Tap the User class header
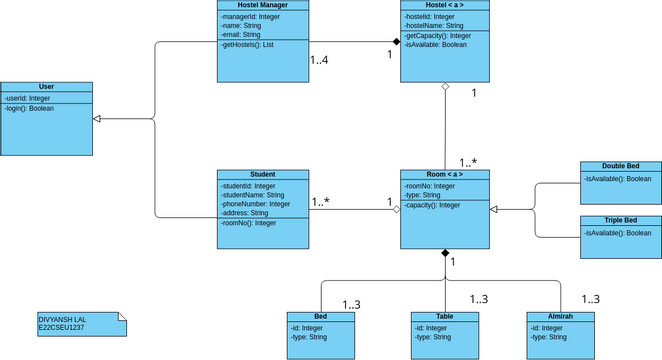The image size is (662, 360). (45, 88)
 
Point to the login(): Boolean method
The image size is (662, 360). (29, 108)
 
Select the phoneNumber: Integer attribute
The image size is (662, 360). (255, 204)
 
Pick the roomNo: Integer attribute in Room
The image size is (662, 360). (430, 185)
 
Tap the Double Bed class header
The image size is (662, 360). (620, 166)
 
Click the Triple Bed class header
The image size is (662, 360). (620, 220)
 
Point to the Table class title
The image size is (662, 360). (444, 316)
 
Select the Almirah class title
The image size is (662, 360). (561, 316)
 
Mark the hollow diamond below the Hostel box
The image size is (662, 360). (445, 88)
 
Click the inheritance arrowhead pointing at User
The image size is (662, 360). (96, 119)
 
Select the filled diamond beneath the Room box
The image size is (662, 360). (445, 254)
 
